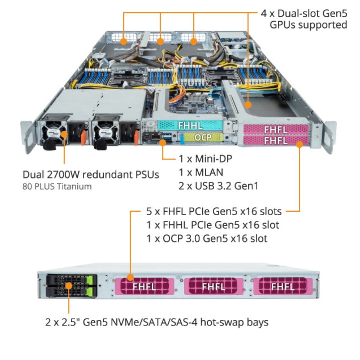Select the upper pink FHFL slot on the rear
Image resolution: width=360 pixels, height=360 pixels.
pos(276,129)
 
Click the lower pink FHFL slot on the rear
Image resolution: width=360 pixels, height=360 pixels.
pos(276,140)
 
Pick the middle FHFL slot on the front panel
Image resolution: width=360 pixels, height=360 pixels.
pos(214,287)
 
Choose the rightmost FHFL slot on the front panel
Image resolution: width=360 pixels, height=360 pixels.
pos(283,287)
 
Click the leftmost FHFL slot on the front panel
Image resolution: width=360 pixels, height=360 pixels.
pos(144,287)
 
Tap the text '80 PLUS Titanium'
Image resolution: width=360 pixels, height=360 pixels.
pos(57,186)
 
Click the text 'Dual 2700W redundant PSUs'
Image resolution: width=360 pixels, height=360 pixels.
pos(91,175)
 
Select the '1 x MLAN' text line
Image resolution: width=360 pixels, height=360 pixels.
pos(201,172)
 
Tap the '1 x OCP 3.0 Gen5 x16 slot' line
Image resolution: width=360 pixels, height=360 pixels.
pos(207,238)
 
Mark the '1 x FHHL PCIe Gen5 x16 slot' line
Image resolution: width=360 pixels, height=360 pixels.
pos(213,225)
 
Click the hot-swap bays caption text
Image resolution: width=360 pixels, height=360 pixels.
pos(157,321)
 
